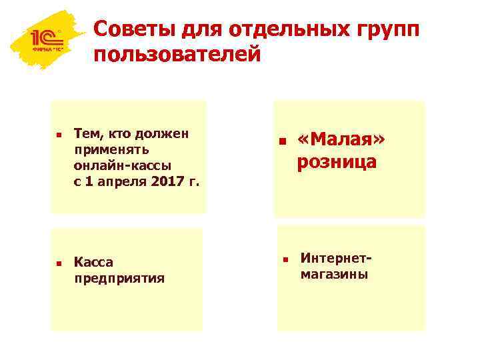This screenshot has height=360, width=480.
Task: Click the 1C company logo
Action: [x=44, y=41]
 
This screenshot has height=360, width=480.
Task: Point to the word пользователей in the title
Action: [x=177, y=55]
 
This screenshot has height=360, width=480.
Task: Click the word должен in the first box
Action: [x=164, y=133]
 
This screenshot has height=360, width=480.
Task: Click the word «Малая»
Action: [x=342, y=140]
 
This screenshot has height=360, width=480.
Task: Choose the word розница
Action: [x=337, y=162]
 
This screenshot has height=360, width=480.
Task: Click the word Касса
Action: [x=94, y=262]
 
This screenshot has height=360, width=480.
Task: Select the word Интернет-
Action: [x=335, y=257]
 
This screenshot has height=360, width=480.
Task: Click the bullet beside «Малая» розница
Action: [x=282, y=142]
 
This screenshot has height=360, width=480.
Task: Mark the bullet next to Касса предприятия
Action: [x=59, y=264]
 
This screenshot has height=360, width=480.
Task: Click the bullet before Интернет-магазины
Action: [x=283, y=259]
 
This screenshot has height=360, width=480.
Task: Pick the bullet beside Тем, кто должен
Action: [x=59, y=135]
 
